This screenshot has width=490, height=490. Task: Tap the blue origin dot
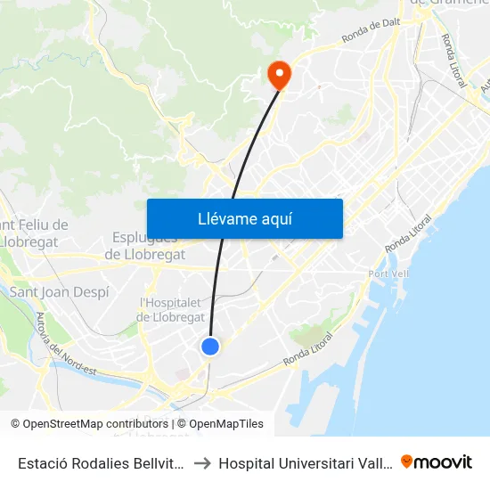(210, 346)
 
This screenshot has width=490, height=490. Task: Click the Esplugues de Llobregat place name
(145, 245)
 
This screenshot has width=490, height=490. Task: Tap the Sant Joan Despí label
(59, 291)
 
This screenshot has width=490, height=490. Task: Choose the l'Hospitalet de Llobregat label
(172, 309)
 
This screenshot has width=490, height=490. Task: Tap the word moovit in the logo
(443, 462)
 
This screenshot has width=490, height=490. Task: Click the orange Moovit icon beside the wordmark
(407, 461)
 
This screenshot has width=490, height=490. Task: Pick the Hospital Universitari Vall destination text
(304, 463)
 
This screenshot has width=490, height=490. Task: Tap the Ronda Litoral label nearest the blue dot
(309, 350)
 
